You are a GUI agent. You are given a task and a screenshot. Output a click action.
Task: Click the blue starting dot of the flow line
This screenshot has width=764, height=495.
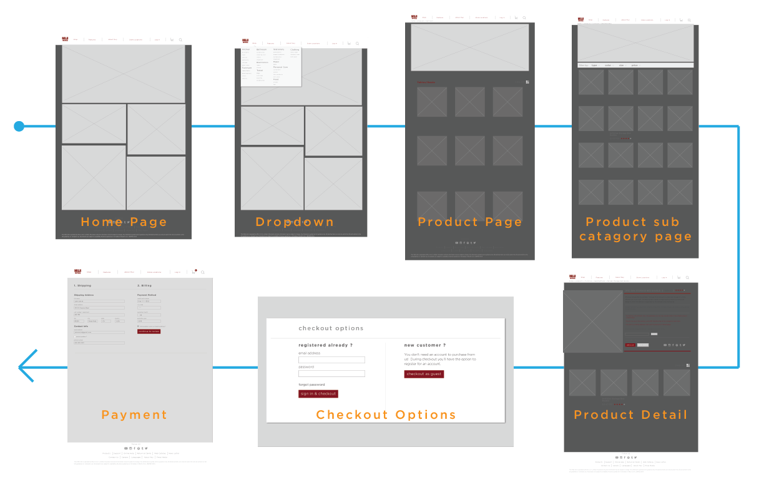pyautogui.click(x=19, y=127)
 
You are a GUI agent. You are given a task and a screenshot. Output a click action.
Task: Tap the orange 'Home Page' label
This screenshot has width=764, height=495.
pyautogui.click(x=124, y=222)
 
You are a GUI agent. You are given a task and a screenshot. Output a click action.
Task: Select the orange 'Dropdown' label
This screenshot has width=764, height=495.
pyautogui.click(x=295, y=222)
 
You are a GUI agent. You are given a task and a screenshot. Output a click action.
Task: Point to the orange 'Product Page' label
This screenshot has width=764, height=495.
pyautogui.click(x=469, y=222)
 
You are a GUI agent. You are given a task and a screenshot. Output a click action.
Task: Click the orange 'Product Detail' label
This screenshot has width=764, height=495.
pyautogui.click(x=630, y=415)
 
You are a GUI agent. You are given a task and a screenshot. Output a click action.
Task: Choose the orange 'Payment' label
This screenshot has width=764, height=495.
pyautogui.click(x=134, y=415)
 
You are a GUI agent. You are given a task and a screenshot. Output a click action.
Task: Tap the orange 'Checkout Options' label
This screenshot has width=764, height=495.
pyautogui.click(x=386, y=415)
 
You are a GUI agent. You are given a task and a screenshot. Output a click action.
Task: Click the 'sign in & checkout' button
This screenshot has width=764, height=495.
pyautogui.click(x=318, y=394)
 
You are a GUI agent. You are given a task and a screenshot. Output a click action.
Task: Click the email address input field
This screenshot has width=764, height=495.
pyautogui.click(x=331, y=360)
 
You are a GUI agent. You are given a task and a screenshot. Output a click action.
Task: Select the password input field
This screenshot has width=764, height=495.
pyautogui.click(x=331, y=374)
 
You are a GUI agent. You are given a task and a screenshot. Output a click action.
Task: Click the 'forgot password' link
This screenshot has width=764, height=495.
pyautogui.click(x=311, y=385)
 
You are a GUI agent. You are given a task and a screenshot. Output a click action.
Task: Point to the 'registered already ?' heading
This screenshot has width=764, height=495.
pyautogui.click(x=325, y=345)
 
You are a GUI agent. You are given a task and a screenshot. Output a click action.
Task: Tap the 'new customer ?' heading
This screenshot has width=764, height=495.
pyautogui.click(x=424, y=345)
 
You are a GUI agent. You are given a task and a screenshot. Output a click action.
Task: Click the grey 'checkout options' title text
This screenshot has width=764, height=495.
pyautogui.click(x=331, y=328)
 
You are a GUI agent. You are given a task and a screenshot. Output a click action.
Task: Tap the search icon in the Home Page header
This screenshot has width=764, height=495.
pyautogui.click(x=181, y=40)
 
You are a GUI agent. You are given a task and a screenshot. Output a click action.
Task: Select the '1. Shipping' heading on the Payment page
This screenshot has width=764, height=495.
pyautogui.click(x=83, y=285)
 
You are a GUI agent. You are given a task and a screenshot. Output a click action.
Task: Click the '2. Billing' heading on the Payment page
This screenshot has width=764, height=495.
pyautogui.click(x=145, y=285)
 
